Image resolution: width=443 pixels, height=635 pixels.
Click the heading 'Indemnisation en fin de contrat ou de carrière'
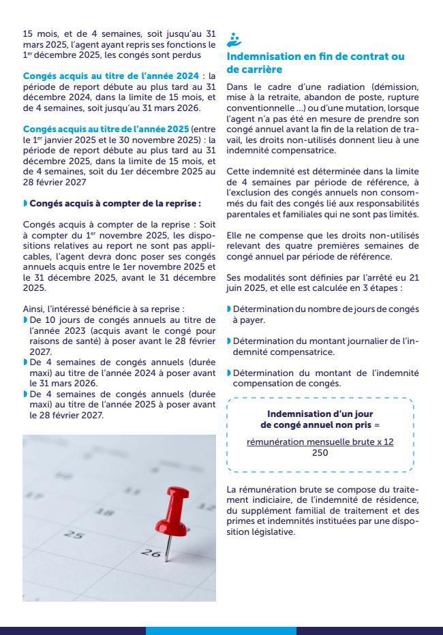tap(315, 63)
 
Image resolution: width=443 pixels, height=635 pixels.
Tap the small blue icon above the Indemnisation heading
tap(234, 40)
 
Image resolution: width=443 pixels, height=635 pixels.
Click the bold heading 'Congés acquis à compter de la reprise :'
tap(114, 203)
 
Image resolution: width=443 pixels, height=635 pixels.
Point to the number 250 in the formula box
tap(320, 452)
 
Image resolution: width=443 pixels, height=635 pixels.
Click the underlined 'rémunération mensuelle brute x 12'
tap(320, 442)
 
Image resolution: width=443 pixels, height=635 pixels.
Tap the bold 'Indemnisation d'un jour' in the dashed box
tap(320, 414)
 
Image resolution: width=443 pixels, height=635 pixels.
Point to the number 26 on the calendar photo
tap(151, 553)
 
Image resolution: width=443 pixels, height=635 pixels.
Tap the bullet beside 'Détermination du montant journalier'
tap(229, 341)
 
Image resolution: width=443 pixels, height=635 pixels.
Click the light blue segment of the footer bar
tap(221, 631)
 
